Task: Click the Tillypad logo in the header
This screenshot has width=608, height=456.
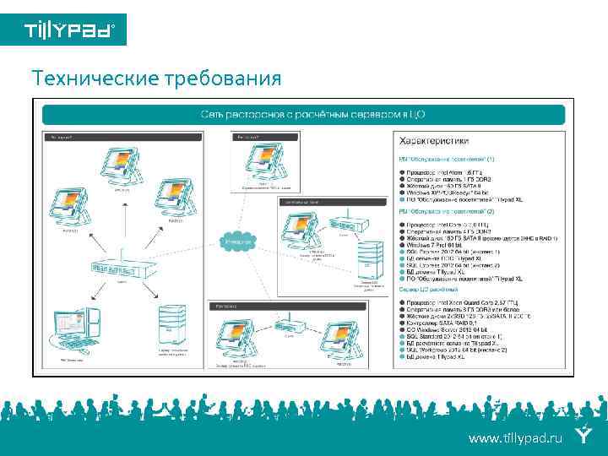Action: click(63, 30)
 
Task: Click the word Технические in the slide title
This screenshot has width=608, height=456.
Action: click(88, 79)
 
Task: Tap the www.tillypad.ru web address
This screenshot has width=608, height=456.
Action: click(515, 437)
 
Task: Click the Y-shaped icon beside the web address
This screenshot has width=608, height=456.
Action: click(583, 437)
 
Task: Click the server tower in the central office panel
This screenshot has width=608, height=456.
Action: click(366, 258)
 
